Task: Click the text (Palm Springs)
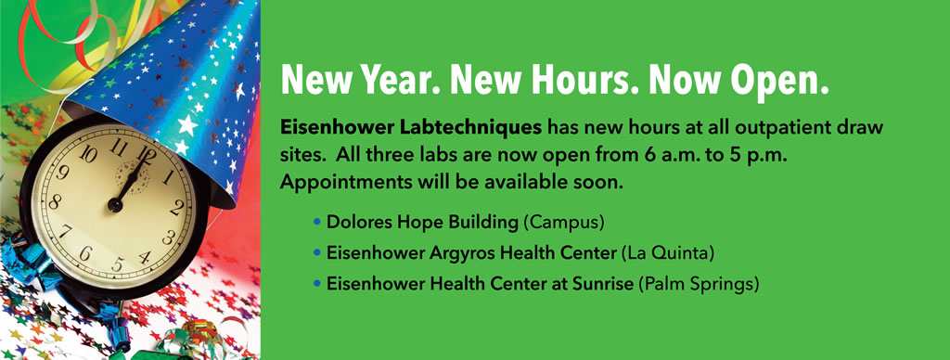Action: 700,282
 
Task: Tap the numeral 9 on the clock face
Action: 62,173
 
